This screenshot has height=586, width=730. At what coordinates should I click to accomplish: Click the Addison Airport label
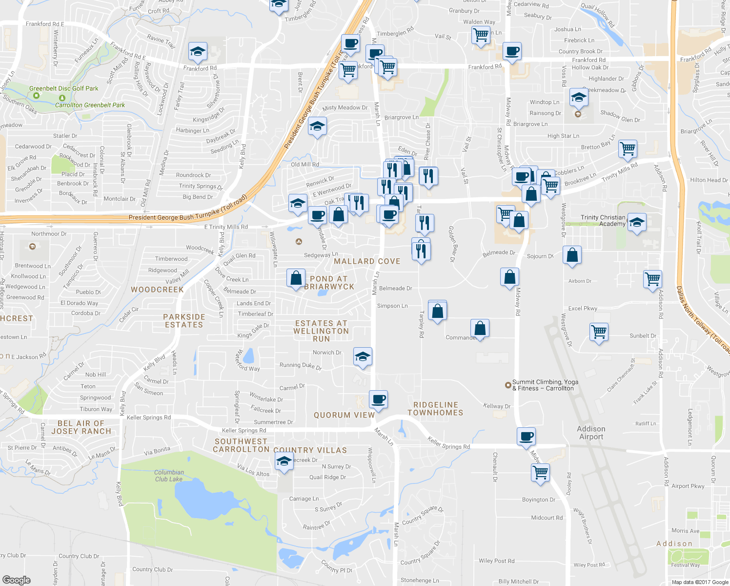(591, 433)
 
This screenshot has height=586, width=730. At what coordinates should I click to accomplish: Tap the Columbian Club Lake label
(169, 476)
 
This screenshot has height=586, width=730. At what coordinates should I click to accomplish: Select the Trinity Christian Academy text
(603, 221)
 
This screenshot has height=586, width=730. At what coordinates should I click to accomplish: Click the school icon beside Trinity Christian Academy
(636, 223)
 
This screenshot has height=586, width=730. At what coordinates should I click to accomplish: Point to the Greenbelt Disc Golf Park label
(63, 88)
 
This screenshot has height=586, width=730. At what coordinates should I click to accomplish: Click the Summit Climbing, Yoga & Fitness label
(545, 385)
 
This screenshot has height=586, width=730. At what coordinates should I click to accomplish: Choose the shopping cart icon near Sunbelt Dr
(599, 332)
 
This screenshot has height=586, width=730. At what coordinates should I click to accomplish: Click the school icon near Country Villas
(284, 461)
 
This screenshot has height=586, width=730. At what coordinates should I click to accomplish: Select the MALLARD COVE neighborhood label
(367, 261)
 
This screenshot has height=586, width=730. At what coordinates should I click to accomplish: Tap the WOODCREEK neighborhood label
(157, 290)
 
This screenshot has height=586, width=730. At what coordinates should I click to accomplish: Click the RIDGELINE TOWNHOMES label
(435, 409)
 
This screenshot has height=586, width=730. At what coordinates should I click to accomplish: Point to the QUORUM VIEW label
(344, 415)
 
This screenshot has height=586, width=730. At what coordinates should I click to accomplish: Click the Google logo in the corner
(16, 580)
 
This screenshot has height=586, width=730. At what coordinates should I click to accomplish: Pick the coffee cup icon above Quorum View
(378, 399)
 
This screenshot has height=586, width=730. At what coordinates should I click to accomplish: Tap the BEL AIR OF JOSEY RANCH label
(81, 427)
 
